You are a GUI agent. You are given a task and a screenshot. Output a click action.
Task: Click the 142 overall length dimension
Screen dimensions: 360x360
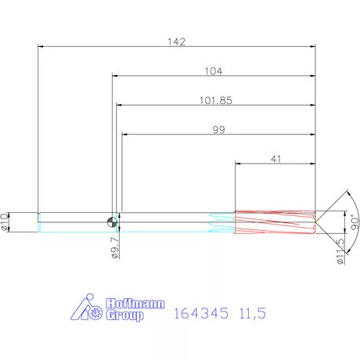tap(177, 42)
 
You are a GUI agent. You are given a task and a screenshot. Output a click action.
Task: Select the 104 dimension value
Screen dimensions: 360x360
tap(214, 71)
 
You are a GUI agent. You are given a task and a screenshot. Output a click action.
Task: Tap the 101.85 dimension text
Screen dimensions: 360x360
tap(216, 101)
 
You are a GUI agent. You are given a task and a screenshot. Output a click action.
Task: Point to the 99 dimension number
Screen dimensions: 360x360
tap(218, 130)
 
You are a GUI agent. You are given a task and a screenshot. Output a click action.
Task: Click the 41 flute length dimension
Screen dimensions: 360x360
tap(276, 159)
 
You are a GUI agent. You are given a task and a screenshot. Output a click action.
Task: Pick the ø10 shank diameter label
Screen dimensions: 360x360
tap(5, 222)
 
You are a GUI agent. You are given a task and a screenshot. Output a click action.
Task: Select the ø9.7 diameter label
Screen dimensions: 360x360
tap(115, 248)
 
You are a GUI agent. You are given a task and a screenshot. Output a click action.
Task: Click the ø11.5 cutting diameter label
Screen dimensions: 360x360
tap(340, 252)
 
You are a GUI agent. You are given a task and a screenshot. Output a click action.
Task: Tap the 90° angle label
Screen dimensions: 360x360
tap(355, 222)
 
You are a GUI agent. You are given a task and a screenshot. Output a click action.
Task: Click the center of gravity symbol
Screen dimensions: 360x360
tap(113, 222)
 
